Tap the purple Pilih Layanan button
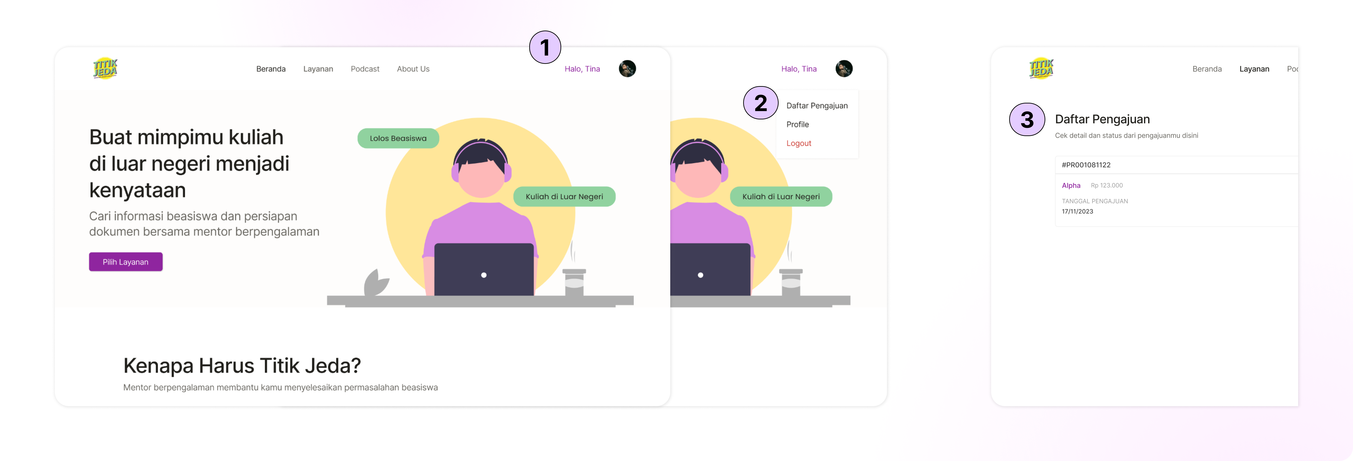125,262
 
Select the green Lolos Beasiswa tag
398,138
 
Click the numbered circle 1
545,47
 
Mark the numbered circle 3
1027,120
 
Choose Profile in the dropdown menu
797,125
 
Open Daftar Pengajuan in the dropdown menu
817,106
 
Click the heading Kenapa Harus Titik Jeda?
242,365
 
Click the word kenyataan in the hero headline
138,190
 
